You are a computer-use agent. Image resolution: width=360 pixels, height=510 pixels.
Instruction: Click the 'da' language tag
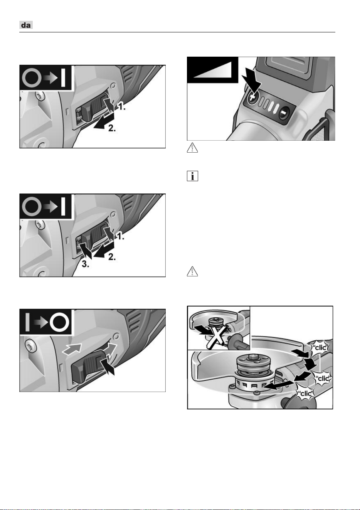point(26,25)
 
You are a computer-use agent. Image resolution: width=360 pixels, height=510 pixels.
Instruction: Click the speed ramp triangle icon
point(212,69)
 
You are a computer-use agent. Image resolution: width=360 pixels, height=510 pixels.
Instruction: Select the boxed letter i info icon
point(192,176)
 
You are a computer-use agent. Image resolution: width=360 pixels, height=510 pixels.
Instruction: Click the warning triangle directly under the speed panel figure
point(192,148)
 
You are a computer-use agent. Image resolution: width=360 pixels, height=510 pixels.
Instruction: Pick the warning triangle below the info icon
point(192,271)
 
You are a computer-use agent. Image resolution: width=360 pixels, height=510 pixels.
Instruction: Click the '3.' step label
point(85,264)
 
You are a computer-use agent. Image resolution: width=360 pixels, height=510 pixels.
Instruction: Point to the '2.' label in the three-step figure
point(112,257)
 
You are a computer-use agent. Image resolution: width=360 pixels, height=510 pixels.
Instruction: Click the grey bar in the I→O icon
point(27,322)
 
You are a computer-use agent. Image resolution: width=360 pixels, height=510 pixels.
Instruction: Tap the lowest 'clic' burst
point(304,393)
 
